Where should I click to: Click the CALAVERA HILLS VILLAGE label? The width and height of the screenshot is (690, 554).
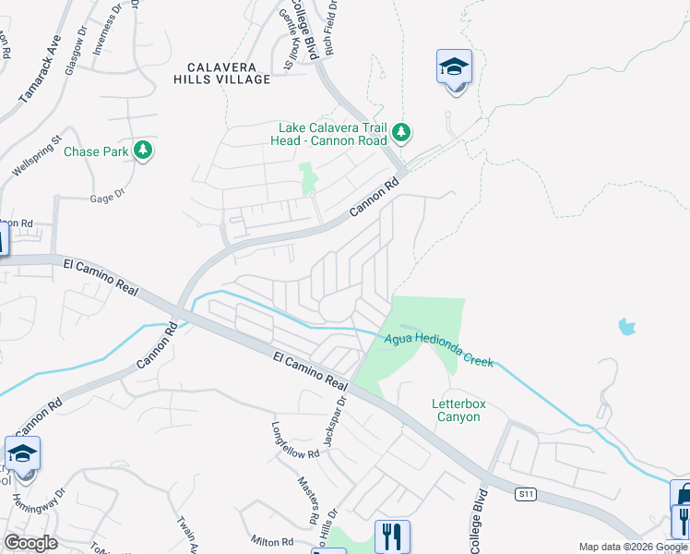[x=229, y=73]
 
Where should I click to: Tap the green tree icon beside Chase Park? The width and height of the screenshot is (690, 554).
[x=142, y=150]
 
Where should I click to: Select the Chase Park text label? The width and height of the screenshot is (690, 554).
[x=96, y=151]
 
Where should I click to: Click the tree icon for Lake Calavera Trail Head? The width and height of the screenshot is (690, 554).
[x=400, y=133]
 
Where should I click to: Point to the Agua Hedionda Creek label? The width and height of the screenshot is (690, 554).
[x=439, y=350]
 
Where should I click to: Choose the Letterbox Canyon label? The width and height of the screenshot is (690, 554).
[x=457, y=410]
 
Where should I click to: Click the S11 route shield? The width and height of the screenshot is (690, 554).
[x=525, y=496]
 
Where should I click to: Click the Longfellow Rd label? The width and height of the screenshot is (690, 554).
[x=294, y=440]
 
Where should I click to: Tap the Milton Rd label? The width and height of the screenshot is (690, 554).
[x=272, y=541]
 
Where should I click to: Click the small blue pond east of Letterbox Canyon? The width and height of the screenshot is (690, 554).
[x=627, y=326]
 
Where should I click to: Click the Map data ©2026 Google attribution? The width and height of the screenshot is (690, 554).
[x=633, y=547]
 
